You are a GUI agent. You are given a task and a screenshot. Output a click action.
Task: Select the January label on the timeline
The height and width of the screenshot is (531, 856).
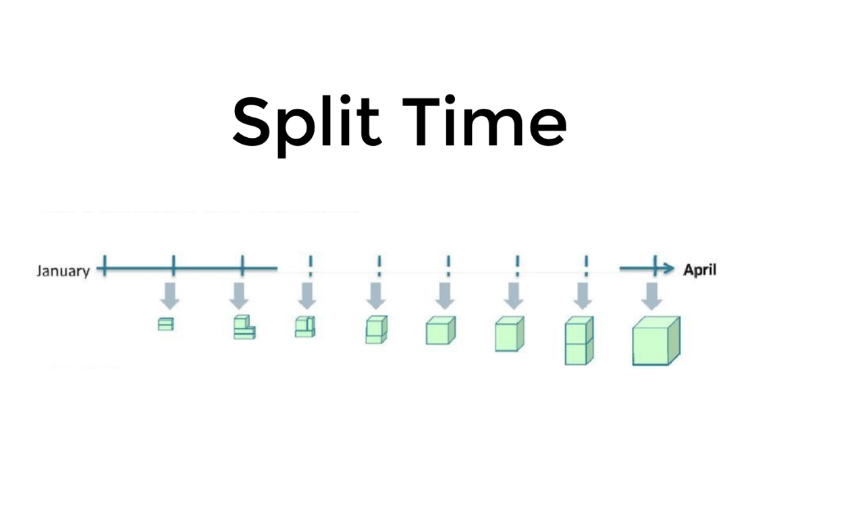tap(63, 271)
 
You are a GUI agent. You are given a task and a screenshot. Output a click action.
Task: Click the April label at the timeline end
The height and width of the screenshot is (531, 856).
tap(699, 270)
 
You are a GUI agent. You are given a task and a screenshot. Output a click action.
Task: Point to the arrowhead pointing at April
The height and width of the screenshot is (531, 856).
tap(668, 269)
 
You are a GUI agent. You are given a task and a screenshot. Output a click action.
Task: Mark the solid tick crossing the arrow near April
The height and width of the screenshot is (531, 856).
tap(655, 267)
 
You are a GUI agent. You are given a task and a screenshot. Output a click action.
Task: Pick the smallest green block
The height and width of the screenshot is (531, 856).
tap(165, 324)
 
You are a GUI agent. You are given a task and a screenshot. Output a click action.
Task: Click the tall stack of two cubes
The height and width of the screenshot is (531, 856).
tap(579, 340)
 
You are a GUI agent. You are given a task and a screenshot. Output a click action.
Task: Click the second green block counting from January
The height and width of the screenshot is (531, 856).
tap(244, 327)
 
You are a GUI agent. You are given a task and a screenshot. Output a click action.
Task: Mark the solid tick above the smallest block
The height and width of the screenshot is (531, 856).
tap(173, 267)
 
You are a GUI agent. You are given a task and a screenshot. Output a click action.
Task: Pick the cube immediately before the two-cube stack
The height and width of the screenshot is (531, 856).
tap(509, 334)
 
